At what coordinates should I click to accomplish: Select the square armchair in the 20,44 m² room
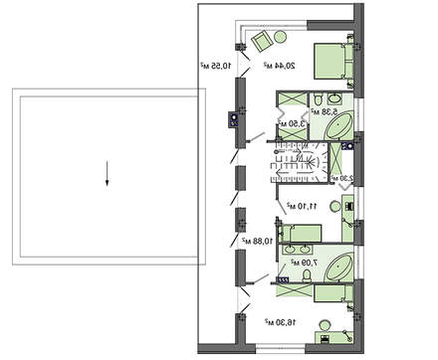[x=261, y=42]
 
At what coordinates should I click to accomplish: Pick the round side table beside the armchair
[x=280, y=38]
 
